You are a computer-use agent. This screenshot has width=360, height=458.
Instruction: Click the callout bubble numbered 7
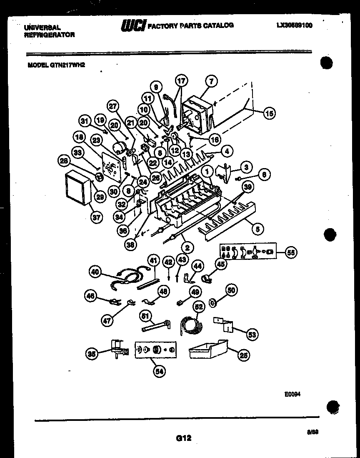click(211, 82)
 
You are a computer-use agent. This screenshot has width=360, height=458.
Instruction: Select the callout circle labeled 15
click(270, 112)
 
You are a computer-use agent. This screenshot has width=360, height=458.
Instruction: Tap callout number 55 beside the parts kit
click(291, 252)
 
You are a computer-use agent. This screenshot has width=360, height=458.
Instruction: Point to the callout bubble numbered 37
click(96, 216)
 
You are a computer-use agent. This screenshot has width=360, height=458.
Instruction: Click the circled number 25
click(244, 355)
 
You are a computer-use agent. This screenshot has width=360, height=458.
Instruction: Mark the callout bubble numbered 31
click(85, 121)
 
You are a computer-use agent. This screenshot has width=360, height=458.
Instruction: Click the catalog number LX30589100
click(294, 25)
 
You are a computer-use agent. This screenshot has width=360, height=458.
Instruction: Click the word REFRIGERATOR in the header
click(50, 35)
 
